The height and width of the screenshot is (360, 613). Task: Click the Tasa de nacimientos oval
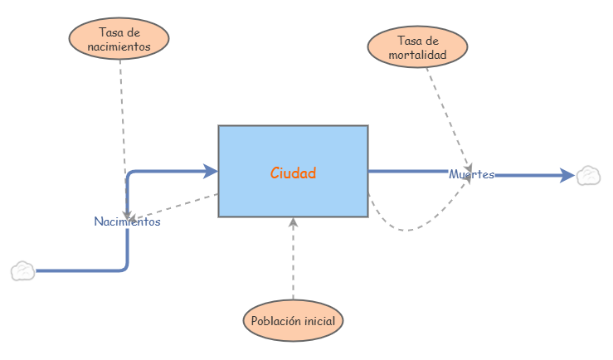point(119,39)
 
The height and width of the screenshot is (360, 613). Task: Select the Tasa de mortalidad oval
point(417,48)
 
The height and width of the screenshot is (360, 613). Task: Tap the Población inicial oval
point(293,321)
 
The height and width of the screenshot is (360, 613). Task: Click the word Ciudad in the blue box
point(293,173)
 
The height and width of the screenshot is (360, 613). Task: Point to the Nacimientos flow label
point(127,221)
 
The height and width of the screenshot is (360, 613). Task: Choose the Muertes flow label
point(471,174)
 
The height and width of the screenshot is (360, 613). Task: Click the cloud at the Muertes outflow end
point(589,175)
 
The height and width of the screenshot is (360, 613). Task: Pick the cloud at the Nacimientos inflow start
point(23,271)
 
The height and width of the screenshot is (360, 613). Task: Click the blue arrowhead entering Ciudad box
point(211,172)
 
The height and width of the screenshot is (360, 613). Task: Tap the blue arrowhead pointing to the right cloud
point(567,175)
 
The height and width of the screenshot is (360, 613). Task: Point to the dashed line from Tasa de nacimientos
point(123,116)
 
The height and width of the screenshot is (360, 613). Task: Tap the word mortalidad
point(417,56)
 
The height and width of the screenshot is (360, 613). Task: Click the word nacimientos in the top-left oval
point(119,47)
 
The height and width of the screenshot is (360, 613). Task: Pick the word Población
point(275,321)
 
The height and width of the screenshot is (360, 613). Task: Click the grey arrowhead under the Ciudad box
point(293,222)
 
